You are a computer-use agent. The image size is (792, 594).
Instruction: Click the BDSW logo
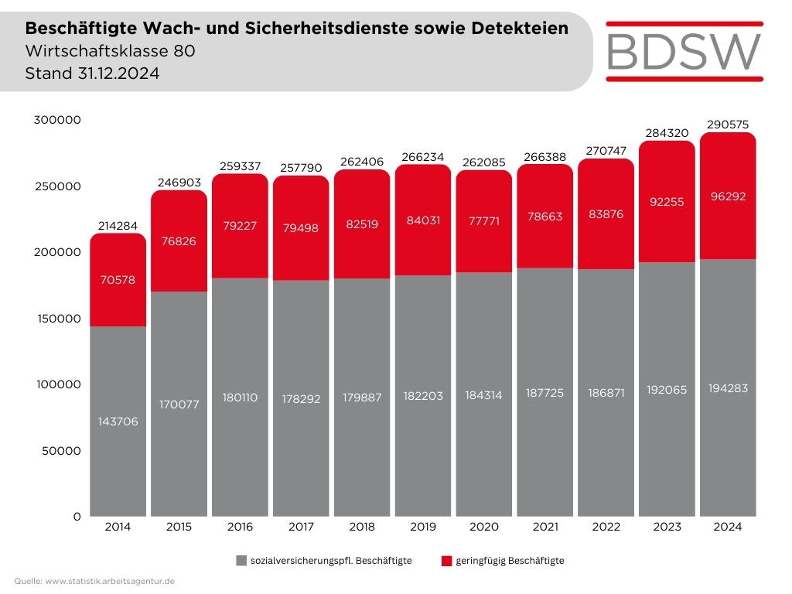(x=684, y=50)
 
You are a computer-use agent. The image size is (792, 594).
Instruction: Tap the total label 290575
(x=728, y=125)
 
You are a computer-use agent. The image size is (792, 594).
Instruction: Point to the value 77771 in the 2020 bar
(x=483, y=220)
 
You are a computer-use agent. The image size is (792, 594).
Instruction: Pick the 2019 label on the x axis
(x=422, y=527)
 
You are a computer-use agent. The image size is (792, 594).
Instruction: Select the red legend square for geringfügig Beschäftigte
(x=446, y=561)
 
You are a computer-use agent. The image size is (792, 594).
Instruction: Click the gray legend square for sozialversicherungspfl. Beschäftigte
(x=241, y=561)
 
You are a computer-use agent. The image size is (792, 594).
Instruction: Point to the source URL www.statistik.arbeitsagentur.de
(x=110, y=581)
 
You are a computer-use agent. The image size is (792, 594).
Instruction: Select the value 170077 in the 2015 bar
(x=179, y=404)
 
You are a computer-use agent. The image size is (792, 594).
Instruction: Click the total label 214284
(x=118, y=226)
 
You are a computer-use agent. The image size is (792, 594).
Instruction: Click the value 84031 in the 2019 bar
(x=422, y=220)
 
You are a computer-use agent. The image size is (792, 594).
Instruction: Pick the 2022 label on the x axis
(x=606, y=527)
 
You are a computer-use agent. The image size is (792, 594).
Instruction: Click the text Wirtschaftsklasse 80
(x=104, y=52)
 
